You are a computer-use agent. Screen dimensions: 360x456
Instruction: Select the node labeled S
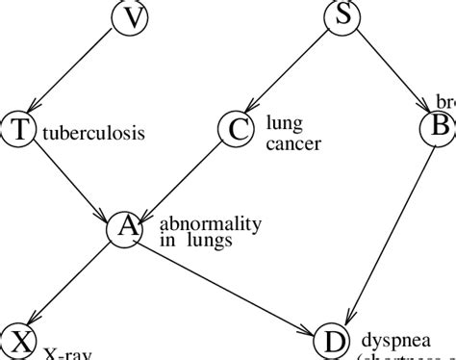[342, 16]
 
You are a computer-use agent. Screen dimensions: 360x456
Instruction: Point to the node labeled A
[125, 229]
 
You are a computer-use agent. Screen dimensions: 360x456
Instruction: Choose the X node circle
[17, 341]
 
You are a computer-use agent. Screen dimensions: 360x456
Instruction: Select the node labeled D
[332, 341]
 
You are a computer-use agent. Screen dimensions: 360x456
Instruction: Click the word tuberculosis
[94, 133]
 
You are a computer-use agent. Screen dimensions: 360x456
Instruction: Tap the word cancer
[293, 144]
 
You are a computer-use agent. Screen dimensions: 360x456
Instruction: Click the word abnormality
[210, 223]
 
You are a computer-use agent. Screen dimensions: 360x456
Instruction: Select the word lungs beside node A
[205, 241]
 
